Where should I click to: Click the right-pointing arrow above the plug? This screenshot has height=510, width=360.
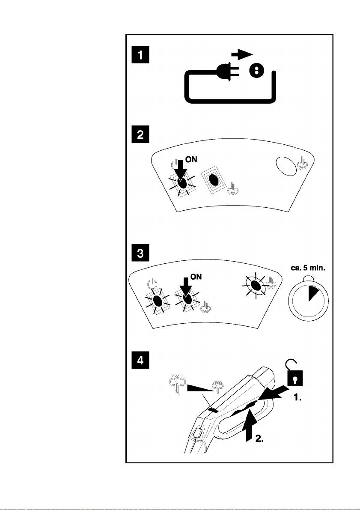coord(242,54)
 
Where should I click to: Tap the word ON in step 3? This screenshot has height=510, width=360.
coord(196,277)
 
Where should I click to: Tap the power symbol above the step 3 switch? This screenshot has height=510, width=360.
coord(151,283)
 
